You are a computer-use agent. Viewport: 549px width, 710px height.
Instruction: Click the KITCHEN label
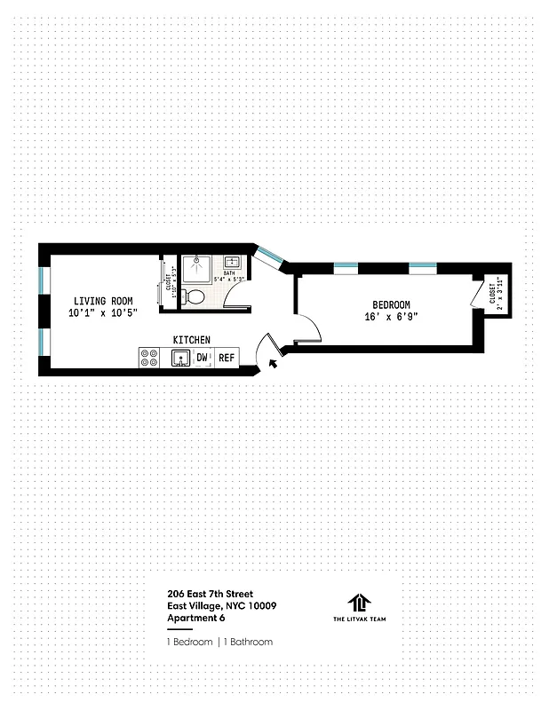(x=191, y=340)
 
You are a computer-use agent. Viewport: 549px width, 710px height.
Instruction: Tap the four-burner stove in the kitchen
(x=149, y=358)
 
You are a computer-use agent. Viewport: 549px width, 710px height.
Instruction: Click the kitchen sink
(x=179, y=358)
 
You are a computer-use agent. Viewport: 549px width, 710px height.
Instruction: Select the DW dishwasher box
(x=203, y=358)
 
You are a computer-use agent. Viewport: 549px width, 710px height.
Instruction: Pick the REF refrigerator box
(x=227, y=358)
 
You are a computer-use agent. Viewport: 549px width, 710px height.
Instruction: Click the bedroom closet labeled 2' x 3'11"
(x=495, y=295)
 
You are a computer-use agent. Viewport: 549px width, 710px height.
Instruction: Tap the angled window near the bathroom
(x=269, y=256)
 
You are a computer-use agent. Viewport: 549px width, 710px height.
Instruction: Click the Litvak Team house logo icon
(x=357, y=602)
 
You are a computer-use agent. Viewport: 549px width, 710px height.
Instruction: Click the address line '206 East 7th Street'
(x=209, y=594)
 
